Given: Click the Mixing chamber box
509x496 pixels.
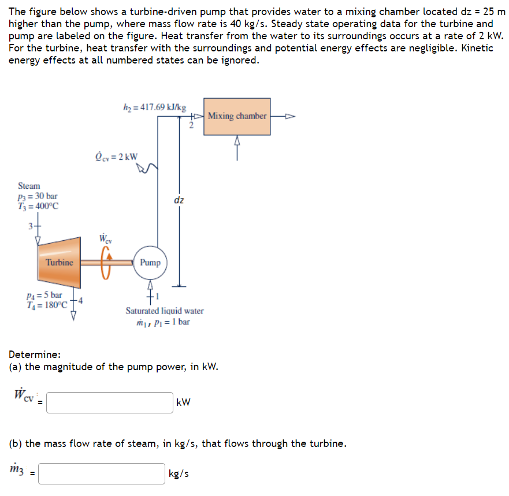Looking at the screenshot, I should (x=237, y=116).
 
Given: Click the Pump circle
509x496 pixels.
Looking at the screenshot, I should (x=150, y=262).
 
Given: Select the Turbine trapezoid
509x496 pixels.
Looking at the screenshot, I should (x=60, y=262).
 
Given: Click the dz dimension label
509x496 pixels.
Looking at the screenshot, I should (x=179, y=200).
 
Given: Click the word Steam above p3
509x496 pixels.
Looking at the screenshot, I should (x=29, y=186).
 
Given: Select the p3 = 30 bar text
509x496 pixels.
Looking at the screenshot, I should (x=38, y=196).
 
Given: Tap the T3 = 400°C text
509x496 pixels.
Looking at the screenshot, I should (x=39, y=206).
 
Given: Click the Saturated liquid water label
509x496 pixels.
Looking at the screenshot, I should (x=165, y=311).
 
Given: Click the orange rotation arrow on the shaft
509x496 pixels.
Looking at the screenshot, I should (x=106, y=263).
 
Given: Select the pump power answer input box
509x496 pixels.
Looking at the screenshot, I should (x=110, y=402).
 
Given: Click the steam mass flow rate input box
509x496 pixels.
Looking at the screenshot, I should (x=102, y=473).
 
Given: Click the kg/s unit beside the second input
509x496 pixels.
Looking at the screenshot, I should (x=178, y=473).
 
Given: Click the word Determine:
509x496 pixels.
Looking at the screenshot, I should (x=35, y=355).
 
